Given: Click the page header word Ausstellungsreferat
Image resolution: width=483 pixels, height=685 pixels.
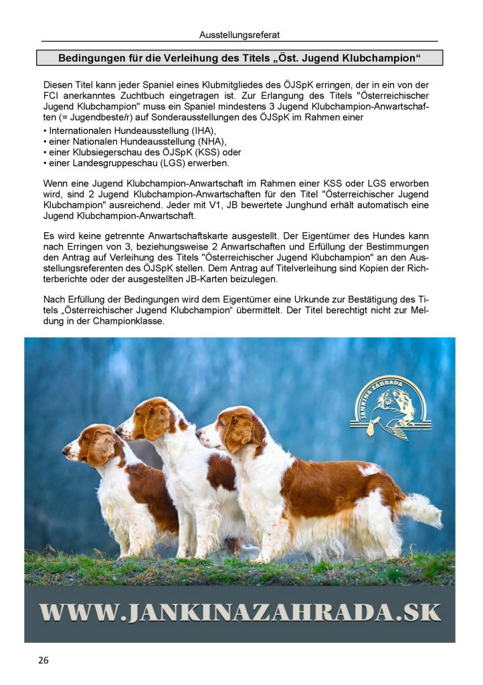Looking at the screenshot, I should (239, 34).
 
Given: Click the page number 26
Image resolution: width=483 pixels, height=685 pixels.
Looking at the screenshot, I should (43, 660).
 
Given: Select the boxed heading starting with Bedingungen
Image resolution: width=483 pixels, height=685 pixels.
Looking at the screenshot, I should (239, 58).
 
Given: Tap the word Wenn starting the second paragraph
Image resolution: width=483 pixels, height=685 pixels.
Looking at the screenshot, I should (55, 183).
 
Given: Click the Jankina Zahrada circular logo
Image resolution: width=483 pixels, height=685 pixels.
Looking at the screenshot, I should (390, 408).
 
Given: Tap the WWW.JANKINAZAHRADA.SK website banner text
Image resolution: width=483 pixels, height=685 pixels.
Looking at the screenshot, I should (239, 612).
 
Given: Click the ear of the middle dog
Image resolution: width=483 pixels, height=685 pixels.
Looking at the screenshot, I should (157, 422).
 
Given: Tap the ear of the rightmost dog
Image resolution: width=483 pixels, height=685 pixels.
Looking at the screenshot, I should (237, 433).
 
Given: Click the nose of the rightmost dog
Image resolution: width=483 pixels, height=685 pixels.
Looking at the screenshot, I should (199, 433).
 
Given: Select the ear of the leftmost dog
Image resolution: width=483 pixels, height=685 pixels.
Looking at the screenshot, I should (101, 450).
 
